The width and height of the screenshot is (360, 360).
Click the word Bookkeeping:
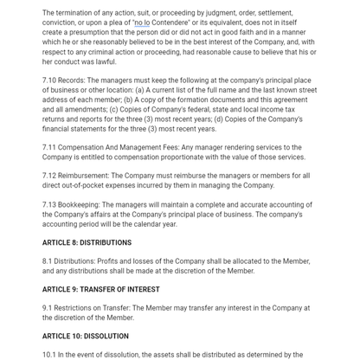[82, 205]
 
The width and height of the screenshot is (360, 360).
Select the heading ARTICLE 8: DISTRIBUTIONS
[87, 243]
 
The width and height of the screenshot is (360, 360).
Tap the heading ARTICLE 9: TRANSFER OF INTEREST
[100, 290]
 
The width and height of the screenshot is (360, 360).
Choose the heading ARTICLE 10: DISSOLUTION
[85, 337]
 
